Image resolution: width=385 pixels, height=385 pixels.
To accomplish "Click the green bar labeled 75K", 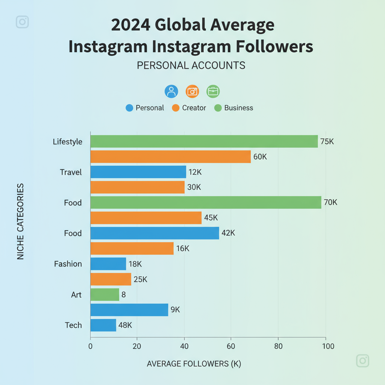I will (x=204, y=141).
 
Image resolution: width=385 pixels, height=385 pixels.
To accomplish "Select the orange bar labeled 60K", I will (x=170, y=157).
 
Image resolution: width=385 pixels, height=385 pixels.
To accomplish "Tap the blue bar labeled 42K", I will (x=155, y=233).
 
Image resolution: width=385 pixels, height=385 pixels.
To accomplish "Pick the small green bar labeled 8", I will (x=105, y=294).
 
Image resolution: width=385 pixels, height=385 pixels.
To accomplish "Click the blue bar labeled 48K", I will (x=103, y=325).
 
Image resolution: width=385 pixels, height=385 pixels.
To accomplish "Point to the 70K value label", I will (x=330, y=203).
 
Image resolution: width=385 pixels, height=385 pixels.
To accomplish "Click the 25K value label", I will (x=140, y=279).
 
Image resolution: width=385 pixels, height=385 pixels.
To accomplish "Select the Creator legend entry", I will (x=189, y=108).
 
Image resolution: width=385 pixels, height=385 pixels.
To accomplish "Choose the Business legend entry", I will (x=233, y=108).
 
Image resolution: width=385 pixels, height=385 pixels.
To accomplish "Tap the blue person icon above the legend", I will (x=171, y=91).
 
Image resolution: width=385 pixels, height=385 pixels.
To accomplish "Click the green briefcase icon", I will (x=213, y=91).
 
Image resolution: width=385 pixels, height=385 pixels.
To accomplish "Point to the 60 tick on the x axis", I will (x=231, y=346).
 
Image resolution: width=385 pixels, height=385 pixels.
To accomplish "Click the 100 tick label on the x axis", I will (x=325, y=346).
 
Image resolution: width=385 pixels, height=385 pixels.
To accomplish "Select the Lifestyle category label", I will (x=67, y=142).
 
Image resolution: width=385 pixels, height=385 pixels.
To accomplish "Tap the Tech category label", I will (x=73, y=325).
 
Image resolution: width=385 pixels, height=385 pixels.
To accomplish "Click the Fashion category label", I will (x=68, y=264).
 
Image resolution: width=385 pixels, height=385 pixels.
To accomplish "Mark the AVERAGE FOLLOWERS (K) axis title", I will (x=194, y=364).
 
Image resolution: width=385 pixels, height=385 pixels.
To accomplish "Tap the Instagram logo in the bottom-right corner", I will (x=362, y=361).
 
